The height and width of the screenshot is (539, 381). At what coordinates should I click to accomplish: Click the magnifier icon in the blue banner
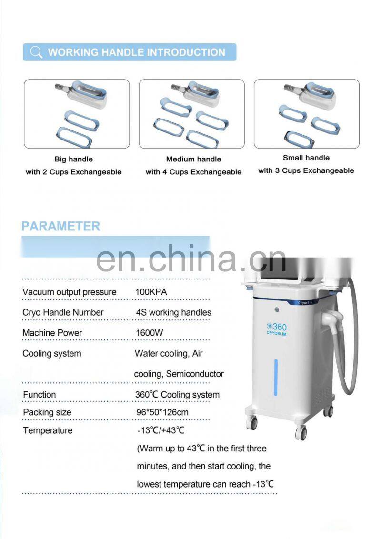[36, 52]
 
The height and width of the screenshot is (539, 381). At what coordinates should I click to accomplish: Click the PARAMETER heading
[61, 226]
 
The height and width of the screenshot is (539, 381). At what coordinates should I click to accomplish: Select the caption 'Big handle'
[73, 159]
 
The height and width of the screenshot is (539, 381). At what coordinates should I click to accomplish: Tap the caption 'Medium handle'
[193, 159]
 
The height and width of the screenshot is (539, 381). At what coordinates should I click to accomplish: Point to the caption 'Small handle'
[306, 158]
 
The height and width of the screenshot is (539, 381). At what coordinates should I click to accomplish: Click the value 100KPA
[151, 292]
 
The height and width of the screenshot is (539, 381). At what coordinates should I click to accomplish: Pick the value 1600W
[150, 333]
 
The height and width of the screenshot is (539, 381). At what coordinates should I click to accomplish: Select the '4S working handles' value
[174, 312]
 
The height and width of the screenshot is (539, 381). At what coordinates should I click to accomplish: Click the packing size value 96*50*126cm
[162, 412]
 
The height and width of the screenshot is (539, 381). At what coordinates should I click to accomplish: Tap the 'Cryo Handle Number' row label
[63, 312]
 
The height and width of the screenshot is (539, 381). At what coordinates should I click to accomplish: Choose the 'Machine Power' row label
[52, 333]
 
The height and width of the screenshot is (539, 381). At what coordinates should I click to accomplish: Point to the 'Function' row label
[40, 395]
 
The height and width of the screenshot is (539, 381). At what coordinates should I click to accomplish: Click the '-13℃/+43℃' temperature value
[160, 430]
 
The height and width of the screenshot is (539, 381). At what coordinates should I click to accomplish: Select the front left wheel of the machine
[251, 423]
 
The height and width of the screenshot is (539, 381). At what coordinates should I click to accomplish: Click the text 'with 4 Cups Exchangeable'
[193, 172]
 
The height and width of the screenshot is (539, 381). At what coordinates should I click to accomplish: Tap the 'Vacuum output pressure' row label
[70, 292]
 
